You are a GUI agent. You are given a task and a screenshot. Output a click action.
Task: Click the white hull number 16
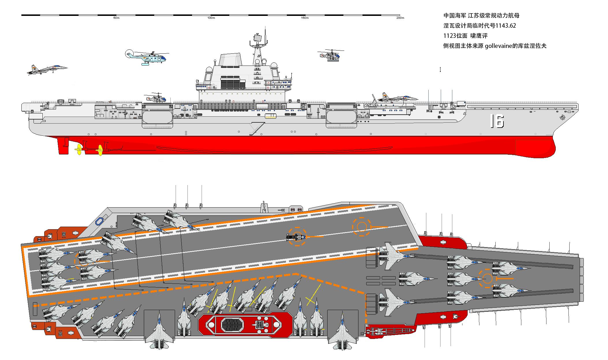(x=497, y=121)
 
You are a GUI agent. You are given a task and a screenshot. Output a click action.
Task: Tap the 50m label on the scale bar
(x=116, y=18)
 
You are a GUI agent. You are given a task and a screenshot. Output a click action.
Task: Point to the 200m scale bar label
(x=400, y=18)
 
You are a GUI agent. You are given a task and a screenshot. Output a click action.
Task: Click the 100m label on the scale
(x=211, y=18)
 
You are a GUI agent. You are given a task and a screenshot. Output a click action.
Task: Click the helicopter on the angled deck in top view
(x=296, y=237)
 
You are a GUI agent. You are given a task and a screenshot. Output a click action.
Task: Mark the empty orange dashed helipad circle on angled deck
(x=361, y=227)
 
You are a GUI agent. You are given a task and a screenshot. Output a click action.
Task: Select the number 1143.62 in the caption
(x=505, y=26)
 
